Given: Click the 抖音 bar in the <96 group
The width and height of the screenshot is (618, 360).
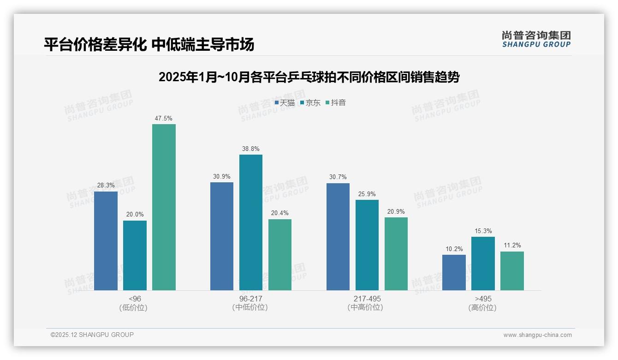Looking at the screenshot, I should (x=164, y=207).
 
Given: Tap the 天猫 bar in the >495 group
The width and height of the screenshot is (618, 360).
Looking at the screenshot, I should (x=454, y=272).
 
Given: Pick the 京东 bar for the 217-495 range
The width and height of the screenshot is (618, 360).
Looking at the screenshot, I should (x=367, y=245).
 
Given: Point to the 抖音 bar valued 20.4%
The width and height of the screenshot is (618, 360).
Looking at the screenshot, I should (x=280, y=255).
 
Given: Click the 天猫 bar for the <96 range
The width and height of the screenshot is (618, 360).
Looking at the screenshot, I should (x=106, y=241).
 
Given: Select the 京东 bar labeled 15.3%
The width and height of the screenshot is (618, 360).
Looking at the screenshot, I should (x=483, y=264).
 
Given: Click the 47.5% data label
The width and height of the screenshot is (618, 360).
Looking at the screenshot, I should (x=164, y=119).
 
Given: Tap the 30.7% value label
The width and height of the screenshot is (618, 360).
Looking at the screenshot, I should (x=338, y=177).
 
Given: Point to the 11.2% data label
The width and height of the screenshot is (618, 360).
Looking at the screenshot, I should (x=512, y=246).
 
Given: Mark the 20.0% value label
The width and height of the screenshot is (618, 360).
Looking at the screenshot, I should (x=135, y=215).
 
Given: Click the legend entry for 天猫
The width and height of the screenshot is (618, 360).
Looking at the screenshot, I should (x=285, y=103).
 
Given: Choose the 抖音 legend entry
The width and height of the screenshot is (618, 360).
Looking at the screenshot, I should (x=336, y=103).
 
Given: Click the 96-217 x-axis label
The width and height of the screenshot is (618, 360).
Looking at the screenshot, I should (x=250, y=299).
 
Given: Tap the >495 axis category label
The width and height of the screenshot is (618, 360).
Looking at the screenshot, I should (x=482, y=299).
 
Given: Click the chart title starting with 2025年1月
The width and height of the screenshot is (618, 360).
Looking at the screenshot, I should (x=309, y=77).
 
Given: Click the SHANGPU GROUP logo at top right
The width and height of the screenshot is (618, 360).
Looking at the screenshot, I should (x=536, y=39).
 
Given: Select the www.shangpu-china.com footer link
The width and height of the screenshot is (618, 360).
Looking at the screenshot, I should (x=537, y=335).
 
